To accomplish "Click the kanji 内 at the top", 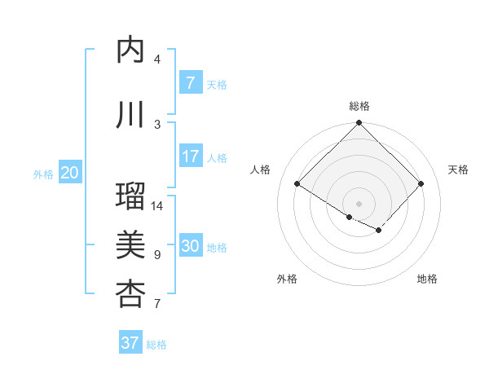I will click(130, 51).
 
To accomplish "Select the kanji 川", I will click(130, 115).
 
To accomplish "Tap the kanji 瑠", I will click(130, 196).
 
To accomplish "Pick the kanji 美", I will click(130, 244).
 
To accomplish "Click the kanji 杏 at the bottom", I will click(130, 293).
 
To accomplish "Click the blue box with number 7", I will click(190, 83).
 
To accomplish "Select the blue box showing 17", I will click(190, 156).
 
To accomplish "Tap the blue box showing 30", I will click(190, 247).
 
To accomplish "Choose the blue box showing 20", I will click(70, 173).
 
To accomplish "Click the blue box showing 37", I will click(130, 343).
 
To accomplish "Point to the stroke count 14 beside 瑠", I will click(158, 205).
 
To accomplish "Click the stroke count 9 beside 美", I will click(157, 255).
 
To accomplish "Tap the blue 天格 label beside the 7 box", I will click(217, 84).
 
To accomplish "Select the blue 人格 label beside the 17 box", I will click(217, 157).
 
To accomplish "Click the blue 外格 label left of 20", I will click(43, 174).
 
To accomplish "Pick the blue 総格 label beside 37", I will click(156, 344).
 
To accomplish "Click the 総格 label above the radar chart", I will click(359, 106).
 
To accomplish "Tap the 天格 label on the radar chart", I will click(459, 169).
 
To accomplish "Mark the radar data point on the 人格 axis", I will click(297, 184).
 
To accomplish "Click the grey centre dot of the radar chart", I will click(359, 203).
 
